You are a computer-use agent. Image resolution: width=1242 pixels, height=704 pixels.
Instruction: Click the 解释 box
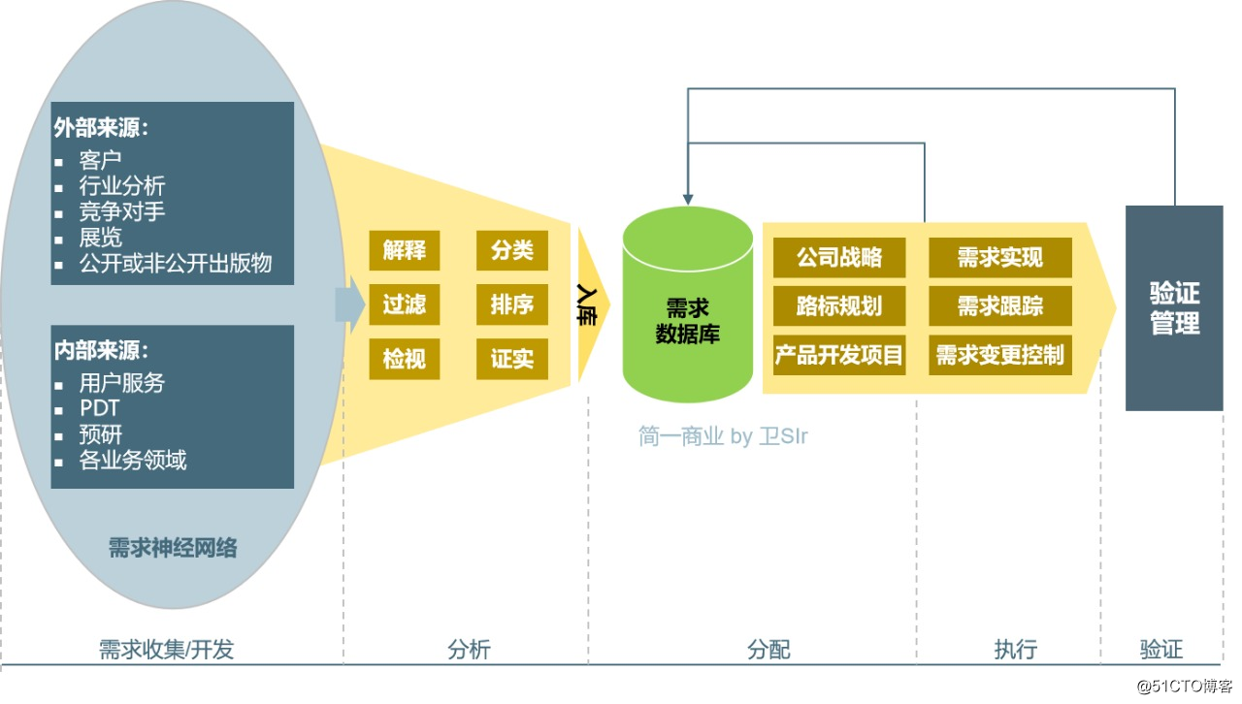(x=405, y=250)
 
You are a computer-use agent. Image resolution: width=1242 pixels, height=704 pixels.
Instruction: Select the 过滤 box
(x=405, y=304)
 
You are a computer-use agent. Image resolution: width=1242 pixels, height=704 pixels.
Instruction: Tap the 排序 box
(x=512, y=304)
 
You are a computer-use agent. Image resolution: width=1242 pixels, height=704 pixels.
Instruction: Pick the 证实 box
(x=512, y=359)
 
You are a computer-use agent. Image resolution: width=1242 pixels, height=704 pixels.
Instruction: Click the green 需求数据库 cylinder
(x=687, y=310)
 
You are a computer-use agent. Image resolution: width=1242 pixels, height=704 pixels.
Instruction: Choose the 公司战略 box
(x=839, y=257)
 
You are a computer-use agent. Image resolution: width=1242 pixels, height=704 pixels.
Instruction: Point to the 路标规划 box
(x=839, y=305)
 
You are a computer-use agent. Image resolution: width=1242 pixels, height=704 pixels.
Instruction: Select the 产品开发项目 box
(x=839, y=355)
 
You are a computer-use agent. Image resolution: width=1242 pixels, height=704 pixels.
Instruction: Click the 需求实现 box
(x=1000, y=257)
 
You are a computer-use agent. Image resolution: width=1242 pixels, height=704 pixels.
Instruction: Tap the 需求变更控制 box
(x=1000, y=355)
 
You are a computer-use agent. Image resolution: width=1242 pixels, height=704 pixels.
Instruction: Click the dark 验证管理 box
(x=1174, y=307)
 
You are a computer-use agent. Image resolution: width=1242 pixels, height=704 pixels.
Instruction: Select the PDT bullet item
(x=100, y=408)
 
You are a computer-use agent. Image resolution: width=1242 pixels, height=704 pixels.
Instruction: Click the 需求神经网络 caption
(x=173, y=548)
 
